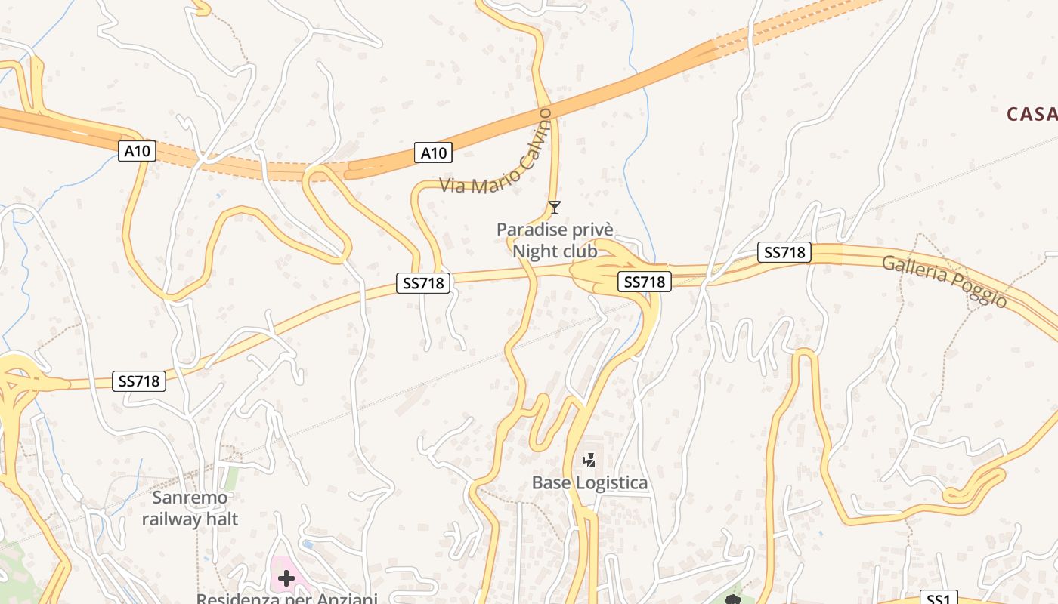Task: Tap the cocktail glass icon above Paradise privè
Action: pos(555,207)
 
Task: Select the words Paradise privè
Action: pos(555,230)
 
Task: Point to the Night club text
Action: pos(555,251)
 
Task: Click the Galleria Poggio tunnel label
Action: pos(945,281)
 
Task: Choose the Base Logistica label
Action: pos(589,482)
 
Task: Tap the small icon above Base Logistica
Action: pos(589,459)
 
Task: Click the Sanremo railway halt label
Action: pos(190,508)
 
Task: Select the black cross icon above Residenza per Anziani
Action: pos(286,579)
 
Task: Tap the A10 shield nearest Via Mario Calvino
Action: pos(433,153)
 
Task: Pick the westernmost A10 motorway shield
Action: pos(137,151)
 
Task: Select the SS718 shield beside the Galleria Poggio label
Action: pos(784,252)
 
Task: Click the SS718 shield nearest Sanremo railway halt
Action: pos(139,381)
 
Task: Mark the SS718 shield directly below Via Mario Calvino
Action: pos(423,283)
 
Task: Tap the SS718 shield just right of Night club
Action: pos(645,282)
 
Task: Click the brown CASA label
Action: pos(1032,114)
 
